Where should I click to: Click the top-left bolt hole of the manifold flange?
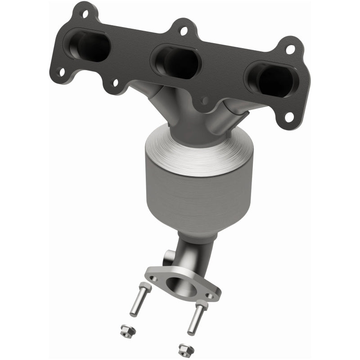point(85,14)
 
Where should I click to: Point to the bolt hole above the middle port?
point(183,31)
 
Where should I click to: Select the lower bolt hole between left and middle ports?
point(115,83)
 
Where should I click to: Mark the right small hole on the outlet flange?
point(209,296)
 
